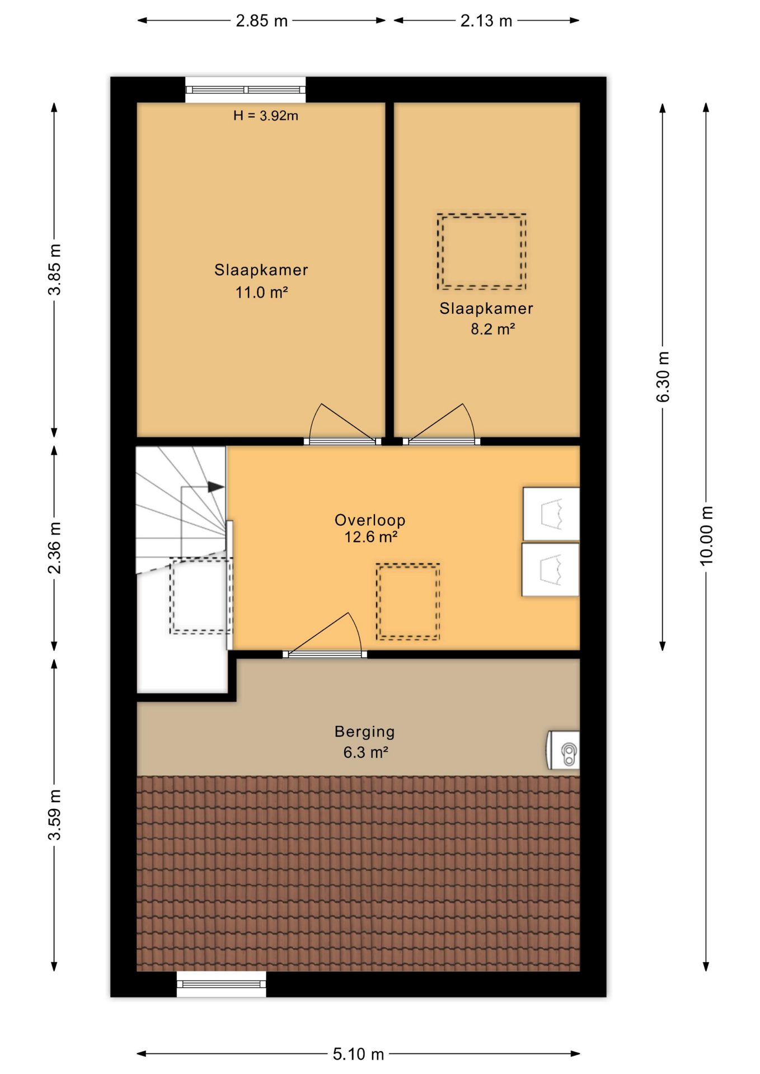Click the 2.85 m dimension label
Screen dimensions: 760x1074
point(261,21)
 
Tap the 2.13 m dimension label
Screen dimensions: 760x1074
point(486,21)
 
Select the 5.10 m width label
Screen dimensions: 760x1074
point(358,1054)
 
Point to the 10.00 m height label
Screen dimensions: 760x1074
point(706,535)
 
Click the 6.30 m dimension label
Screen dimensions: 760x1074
point(663,376)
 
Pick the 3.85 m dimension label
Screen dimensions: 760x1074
point(54,269)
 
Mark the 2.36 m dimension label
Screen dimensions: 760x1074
point(54,548)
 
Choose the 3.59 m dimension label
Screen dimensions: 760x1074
point(54,815)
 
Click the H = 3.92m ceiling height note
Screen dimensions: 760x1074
point(266,116)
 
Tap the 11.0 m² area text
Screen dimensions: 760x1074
point(261,292)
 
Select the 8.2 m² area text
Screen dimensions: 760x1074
point(492,329)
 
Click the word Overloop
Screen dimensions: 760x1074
point(370,520)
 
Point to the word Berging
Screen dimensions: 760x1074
point(365,732)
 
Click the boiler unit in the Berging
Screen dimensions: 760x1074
point(563,750)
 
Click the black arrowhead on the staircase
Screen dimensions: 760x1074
point(216,487)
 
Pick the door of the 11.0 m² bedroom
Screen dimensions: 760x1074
point(342,423)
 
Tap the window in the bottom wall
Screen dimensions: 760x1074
point(222,984)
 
